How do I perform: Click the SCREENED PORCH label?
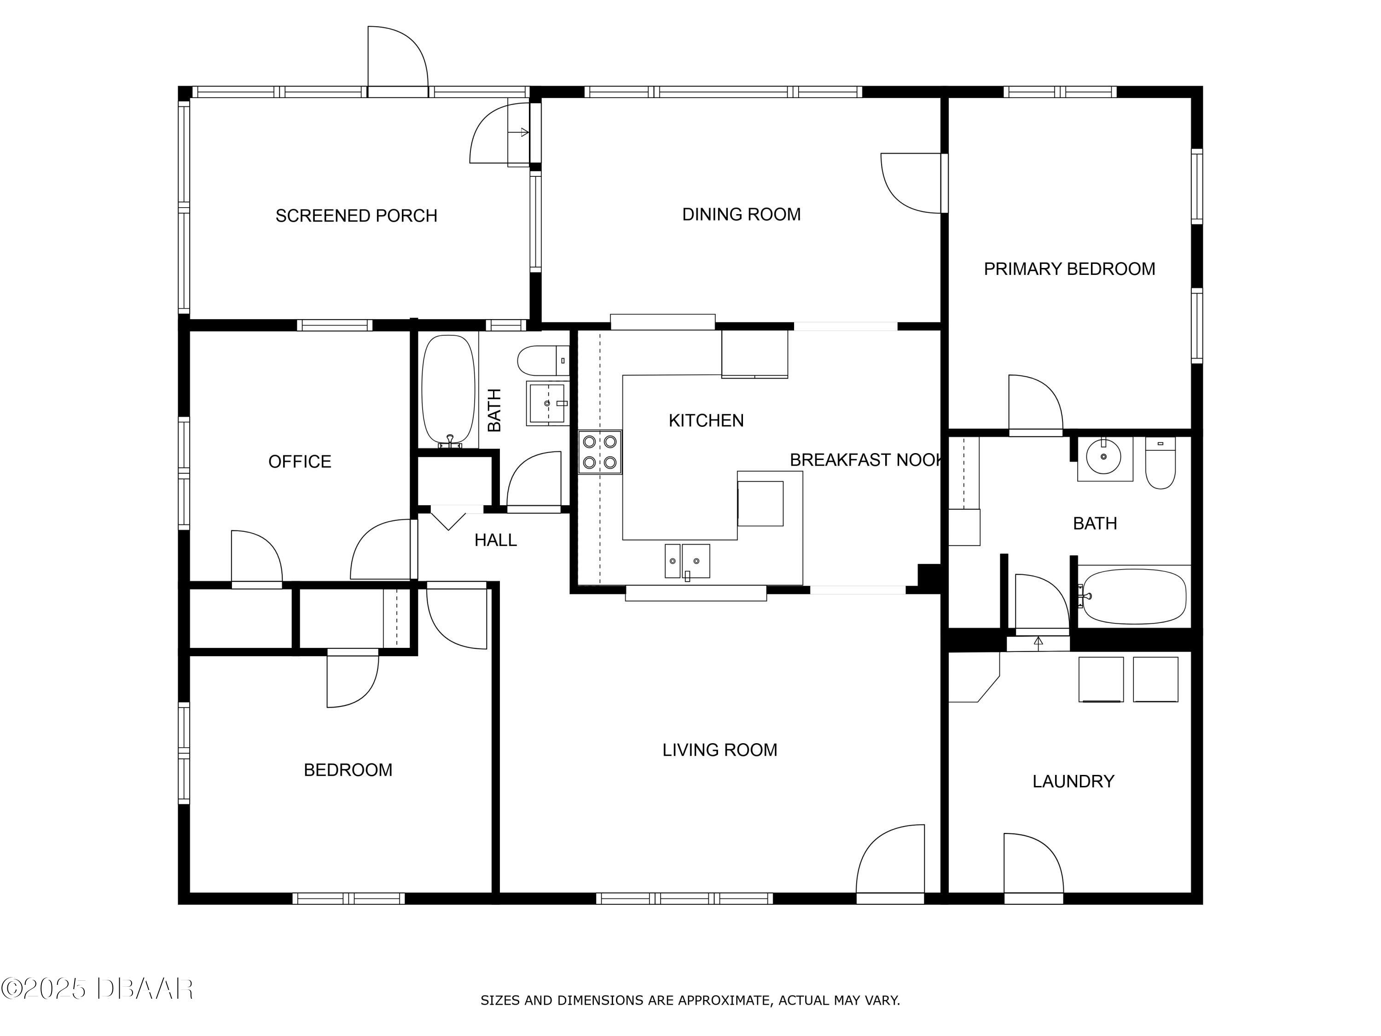coord(356,216)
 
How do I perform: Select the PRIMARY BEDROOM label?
coord(1069,269)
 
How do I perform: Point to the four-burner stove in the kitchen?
coord(600,452)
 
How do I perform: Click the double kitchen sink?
coord(687,561)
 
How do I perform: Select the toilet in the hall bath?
coord(543,361)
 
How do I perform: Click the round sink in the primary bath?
coord(1104,458)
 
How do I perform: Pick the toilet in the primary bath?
coord(1161,462)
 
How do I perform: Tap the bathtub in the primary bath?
coord(1133,596)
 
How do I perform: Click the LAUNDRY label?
coord(1073,781)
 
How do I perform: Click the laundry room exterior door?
coord(1033,864)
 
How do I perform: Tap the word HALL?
coord(496,540)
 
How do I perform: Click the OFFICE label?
coord(300,462)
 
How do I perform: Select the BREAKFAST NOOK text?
coord(866,460)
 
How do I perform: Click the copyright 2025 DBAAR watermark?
coord(97,989)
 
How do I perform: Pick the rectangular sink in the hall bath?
coord(547,403)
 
